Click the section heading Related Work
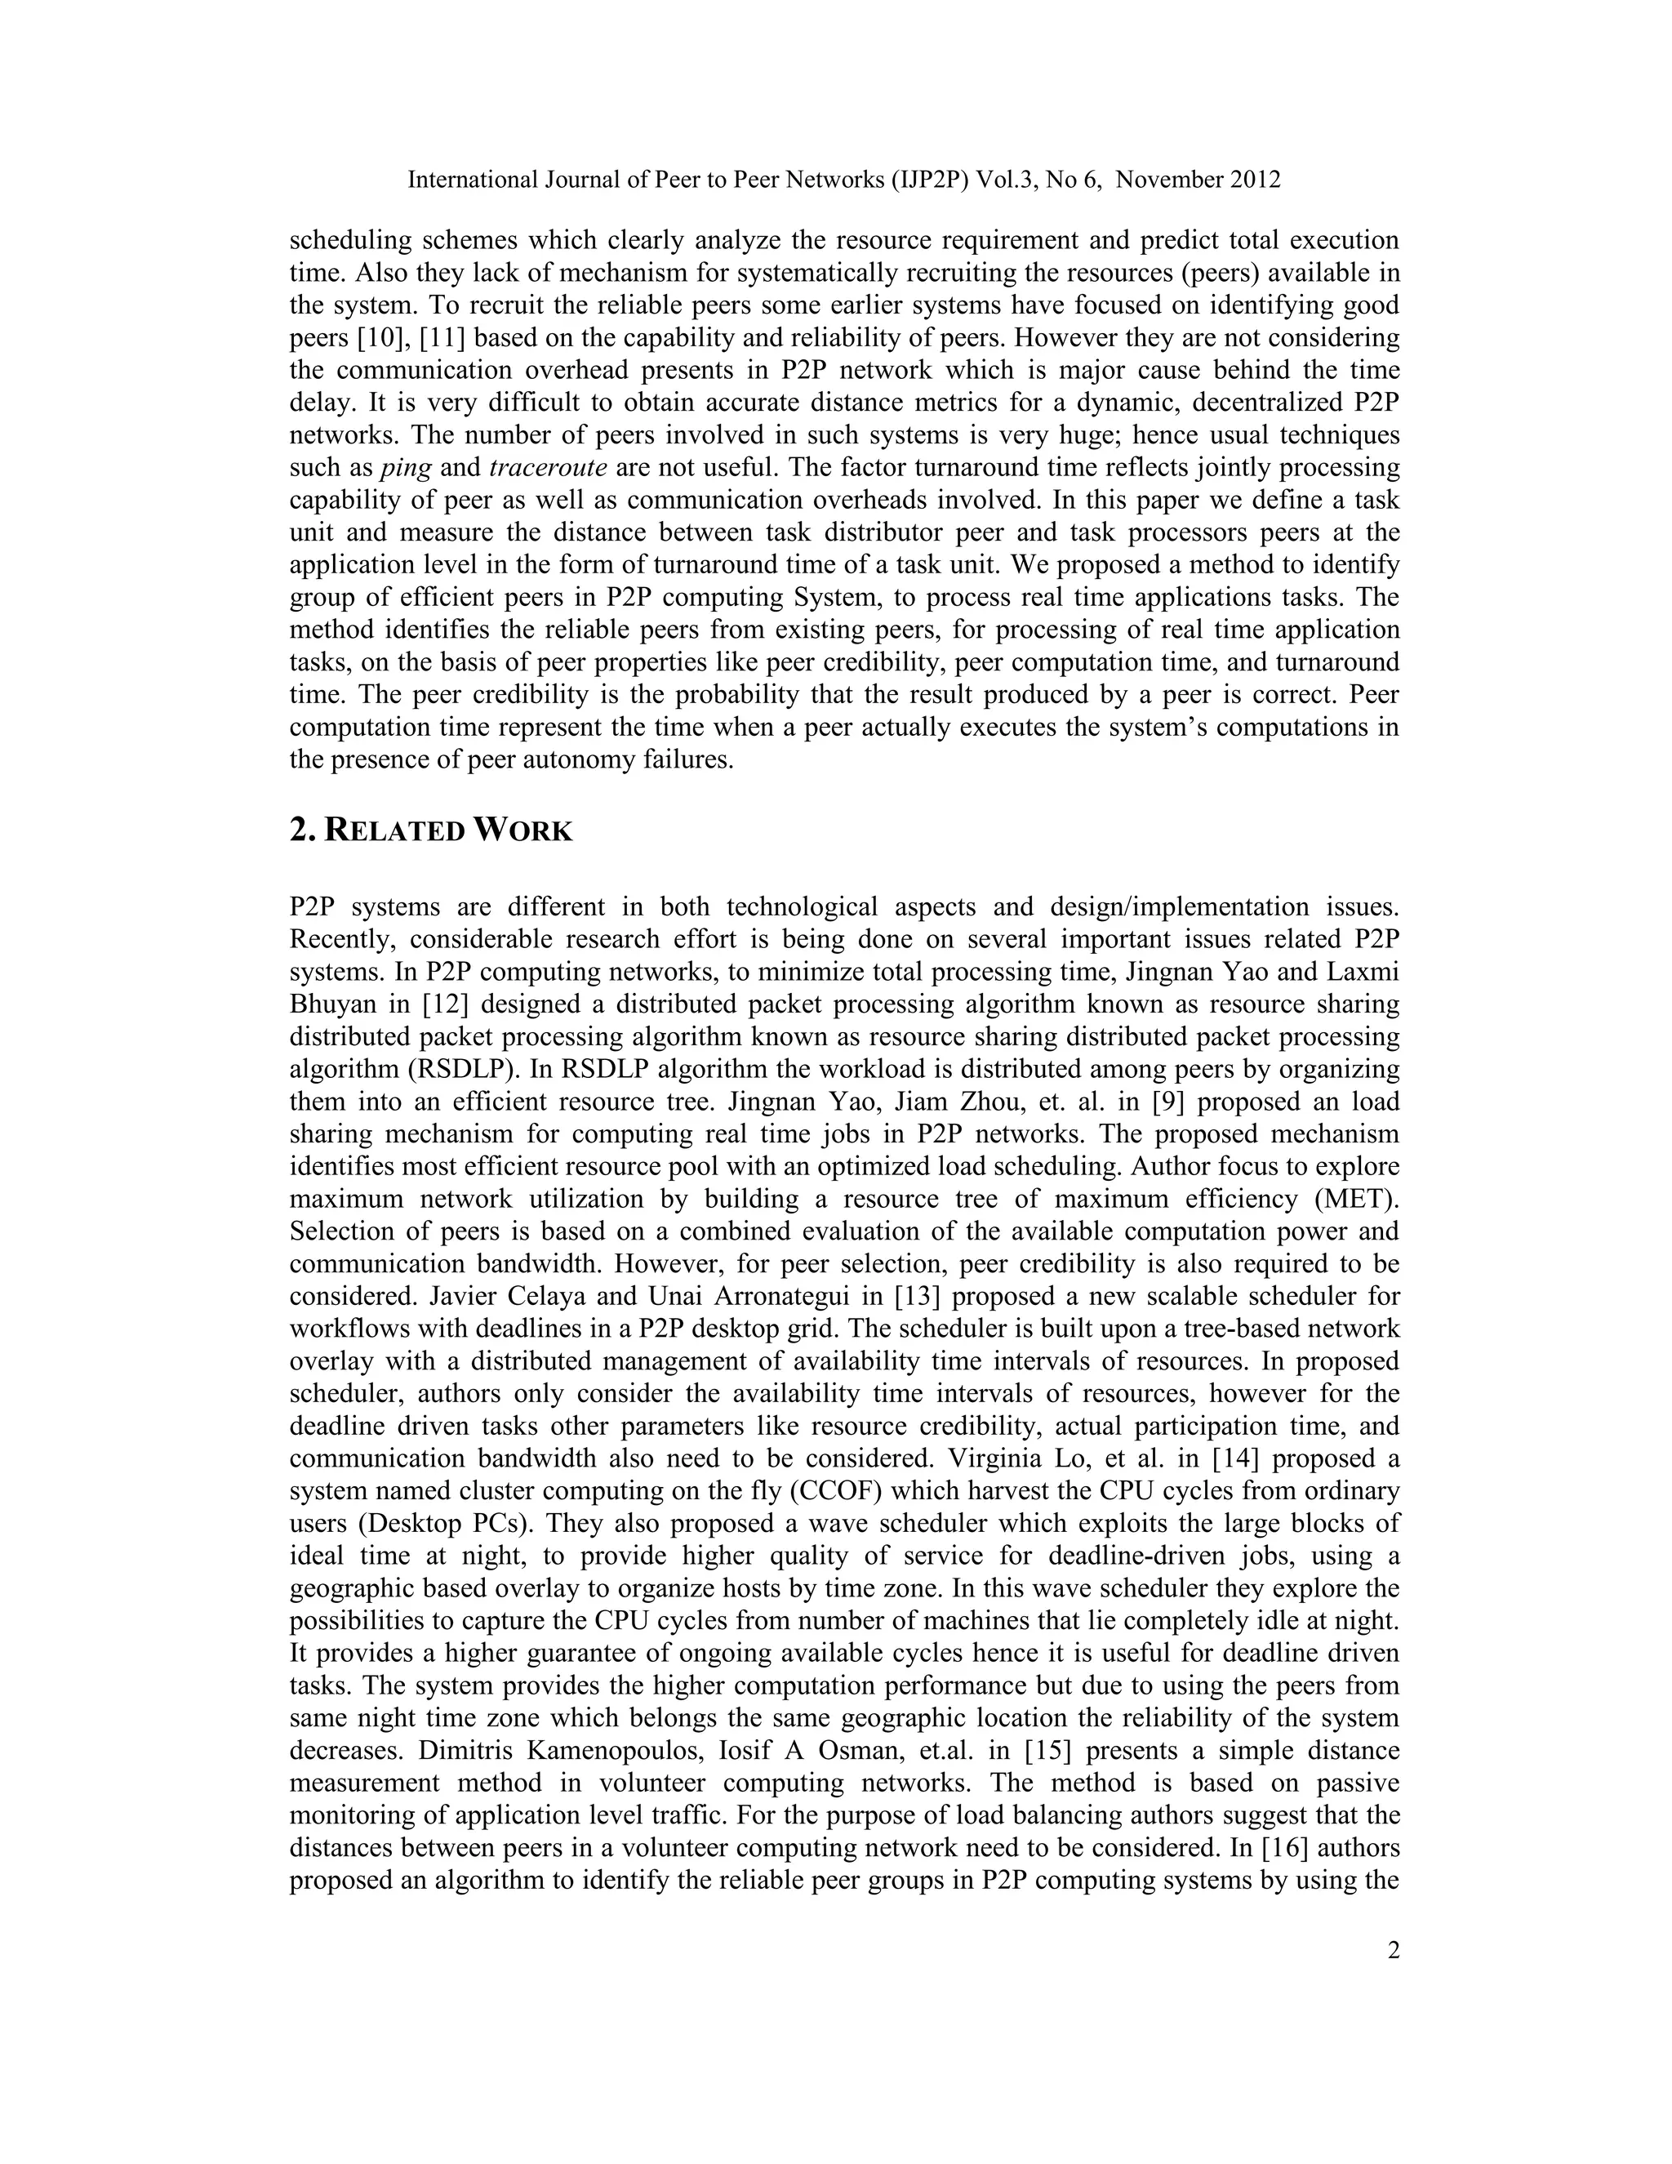pyautogui.click(x=431, y=830)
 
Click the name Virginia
pyautogui.click(x=1000, y=1458)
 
